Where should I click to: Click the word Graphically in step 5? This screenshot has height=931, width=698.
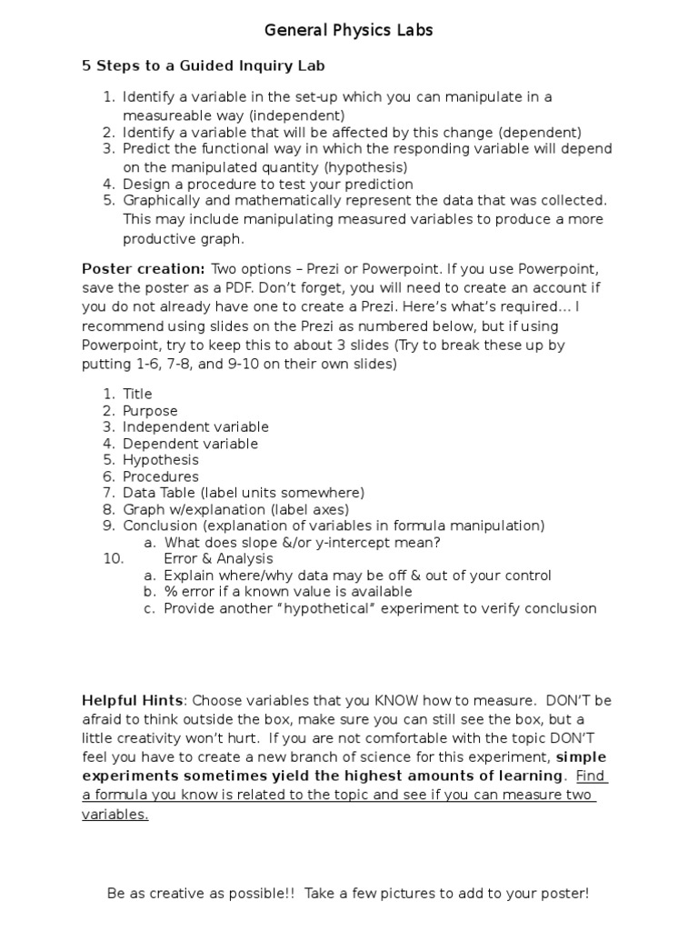coord(162,199)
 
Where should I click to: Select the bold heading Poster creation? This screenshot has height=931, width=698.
coord(144,269)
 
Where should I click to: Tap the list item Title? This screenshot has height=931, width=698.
coord(137,394)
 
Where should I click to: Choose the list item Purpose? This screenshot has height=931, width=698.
coord(150,411)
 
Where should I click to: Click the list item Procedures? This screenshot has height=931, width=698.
coord(160,476)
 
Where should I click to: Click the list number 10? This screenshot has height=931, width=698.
coord(113,559)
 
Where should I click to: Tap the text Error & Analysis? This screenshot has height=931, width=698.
coord(218,559)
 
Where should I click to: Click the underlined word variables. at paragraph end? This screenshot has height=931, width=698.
coord(115,814)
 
